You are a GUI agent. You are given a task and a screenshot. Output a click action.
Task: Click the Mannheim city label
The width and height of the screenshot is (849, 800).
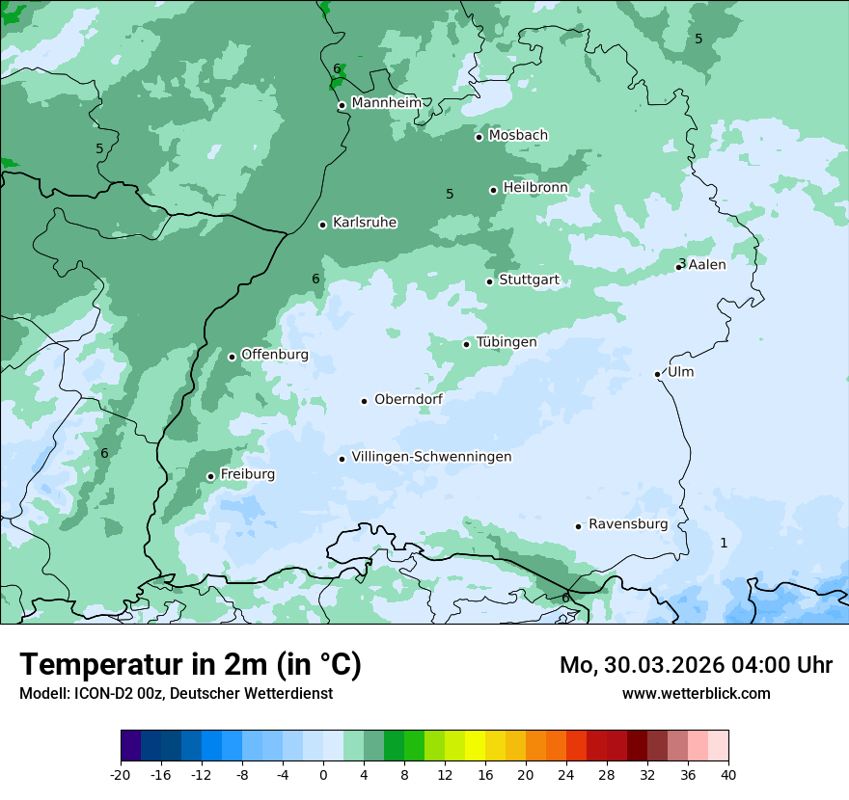click(387, 102)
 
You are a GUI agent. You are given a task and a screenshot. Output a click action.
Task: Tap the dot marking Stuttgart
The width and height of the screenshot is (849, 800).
click(490, 281)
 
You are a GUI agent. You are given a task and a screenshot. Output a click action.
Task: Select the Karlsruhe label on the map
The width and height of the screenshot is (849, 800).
click(365, 223)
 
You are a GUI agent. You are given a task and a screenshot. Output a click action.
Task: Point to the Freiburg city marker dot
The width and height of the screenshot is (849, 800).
click(210, 476)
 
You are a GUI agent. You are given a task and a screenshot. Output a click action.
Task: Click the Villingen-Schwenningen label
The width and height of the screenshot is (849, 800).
click(431, 457)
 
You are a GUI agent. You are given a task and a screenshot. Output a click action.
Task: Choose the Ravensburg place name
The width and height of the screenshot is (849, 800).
click(628, 524)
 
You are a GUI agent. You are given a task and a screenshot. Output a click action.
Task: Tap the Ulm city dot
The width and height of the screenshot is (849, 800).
click(658, 374)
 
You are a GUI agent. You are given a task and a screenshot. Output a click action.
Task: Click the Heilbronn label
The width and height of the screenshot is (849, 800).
click(535, 187)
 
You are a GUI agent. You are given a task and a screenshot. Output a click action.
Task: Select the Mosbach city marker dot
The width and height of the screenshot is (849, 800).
click(479, 137)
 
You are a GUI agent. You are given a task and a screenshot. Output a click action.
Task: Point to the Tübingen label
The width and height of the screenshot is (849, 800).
click(507, 342)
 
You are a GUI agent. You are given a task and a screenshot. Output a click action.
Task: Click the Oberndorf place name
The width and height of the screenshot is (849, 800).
click(408, 399)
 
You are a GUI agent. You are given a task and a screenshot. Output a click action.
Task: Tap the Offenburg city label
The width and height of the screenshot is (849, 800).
click(275, 355)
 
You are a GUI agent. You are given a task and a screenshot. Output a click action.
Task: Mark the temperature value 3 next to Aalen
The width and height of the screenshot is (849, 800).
click(681, 263)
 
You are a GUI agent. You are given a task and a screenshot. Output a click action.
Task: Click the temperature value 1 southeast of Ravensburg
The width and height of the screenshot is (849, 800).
click(724, 543)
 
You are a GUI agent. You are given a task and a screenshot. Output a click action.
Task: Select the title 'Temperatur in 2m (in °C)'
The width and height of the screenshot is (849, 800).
click(190, 665)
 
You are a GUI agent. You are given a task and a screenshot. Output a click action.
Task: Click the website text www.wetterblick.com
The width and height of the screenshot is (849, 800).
click(696, 693)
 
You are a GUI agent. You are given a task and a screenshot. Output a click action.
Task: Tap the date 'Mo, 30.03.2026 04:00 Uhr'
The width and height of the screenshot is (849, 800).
click(696, 665)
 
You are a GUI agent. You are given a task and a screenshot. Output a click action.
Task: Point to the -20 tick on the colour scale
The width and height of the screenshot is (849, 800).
click(121, 774)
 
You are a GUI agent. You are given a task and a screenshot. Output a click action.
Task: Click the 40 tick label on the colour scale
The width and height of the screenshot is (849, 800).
click(728, 774)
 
